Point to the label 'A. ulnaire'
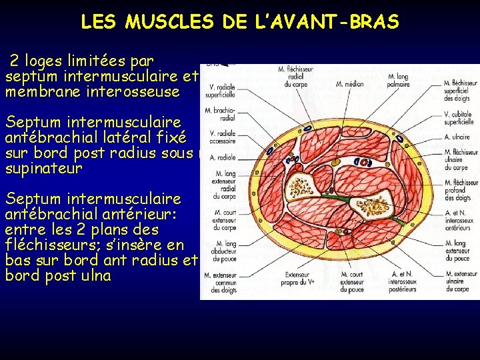(457, 137)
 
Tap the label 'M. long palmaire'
(397, 81)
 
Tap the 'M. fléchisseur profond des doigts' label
(461, 190)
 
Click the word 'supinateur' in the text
(43, 169)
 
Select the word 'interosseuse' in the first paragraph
(133, 92)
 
